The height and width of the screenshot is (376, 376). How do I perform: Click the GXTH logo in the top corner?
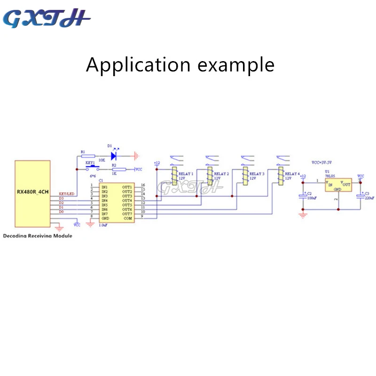point(47,19)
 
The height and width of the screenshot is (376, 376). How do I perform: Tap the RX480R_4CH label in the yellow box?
point(32,193)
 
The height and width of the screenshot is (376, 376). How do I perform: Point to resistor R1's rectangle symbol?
point(88,155)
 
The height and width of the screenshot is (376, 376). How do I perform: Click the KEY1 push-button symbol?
point(91,168)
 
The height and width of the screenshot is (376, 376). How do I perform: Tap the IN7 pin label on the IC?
point(105,214)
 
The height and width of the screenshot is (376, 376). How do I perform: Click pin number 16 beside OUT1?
point(143,185)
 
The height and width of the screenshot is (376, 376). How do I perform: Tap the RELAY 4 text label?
point(292,174)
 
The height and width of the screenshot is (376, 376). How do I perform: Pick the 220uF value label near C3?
point(370,198)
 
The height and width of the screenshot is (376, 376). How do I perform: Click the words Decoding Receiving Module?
point(38,236)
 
